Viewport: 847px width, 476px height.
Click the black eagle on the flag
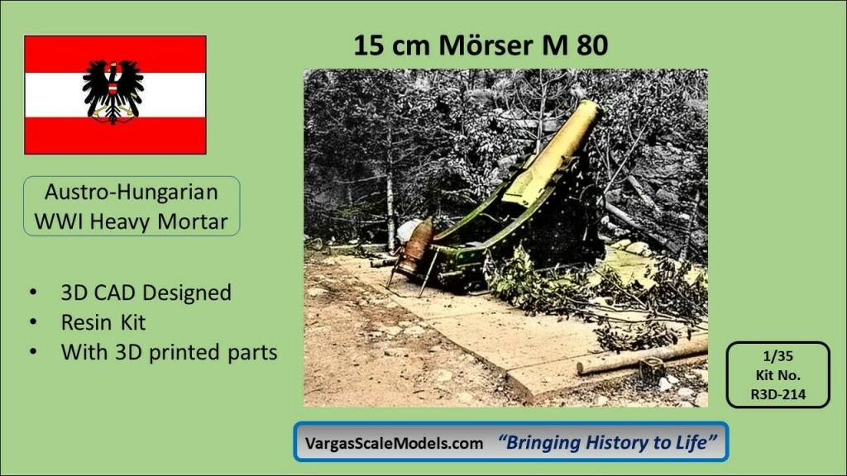112,93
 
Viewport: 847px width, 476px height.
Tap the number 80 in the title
592,45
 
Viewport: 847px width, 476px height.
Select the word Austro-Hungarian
132,192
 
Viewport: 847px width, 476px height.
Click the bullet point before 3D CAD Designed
34,293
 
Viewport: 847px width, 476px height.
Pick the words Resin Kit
103,322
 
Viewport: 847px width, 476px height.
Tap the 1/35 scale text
778,356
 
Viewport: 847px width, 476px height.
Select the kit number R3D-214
778,394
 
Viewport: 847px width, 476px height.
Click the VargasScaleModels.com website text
394,443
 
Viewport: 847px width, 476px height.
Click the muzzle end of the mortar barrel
591,107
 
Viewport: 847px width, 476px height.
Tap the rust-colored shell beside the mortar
417,246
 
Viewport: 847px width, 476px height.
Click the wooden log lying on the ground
642,355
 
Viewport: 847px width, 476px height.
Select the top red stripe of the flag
115,54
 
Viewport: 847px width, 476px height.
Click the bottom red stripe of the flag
115,136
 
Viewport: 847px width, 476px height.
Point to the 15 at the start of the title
370,45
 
